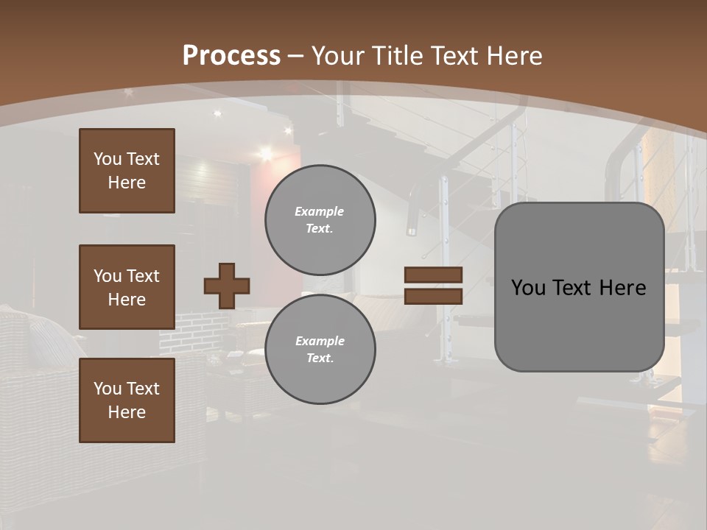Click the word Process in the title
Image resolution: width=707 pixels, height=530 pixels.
point(231,56)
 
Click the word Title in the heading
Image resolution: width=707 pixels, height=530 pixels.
point(396,56)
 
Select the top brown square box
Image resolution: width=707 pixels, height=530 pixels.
point(127,171)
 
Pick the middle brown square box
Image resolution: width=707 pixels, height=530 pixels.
point(127,287)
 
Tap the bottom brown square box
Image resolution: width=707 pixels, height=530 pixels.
point(127,400)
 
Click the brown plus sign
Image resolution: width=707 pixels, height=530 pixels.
point(227,286)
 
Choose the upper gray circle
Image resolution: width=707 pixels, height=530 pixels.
point(320,219)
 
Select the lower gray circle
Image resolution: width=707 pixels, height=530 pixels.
point(320,349)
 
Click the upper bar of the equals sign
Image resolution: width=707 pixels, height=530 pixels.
point(433,275)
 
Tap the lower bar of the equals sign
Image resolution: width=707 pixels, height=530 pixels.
point(433,296)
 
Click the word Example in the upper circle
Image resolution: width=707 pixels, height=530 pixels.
point(320,211)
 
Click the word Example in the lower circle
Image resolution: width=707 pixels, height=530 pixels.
point(320,341)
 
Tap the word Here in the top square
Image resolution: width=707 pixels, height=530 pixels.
point(127,183)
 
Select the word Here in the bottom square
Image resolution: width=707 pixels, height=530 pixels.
point(127,412)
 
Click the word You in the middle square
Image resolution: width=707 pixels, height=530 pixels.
point(107,276)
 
